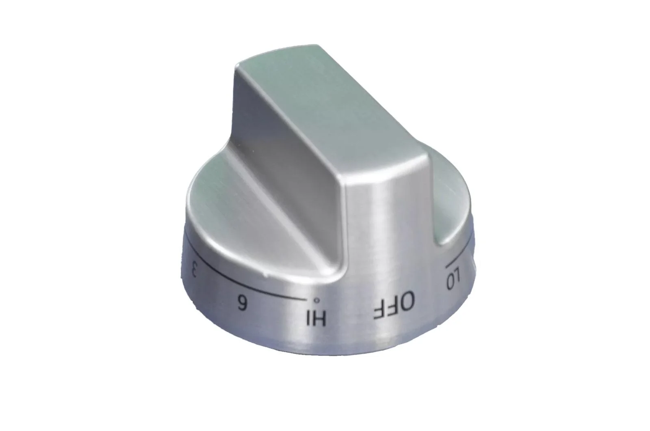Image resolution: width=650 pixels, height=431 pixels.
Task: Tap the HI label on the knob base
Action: [315, 317]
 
